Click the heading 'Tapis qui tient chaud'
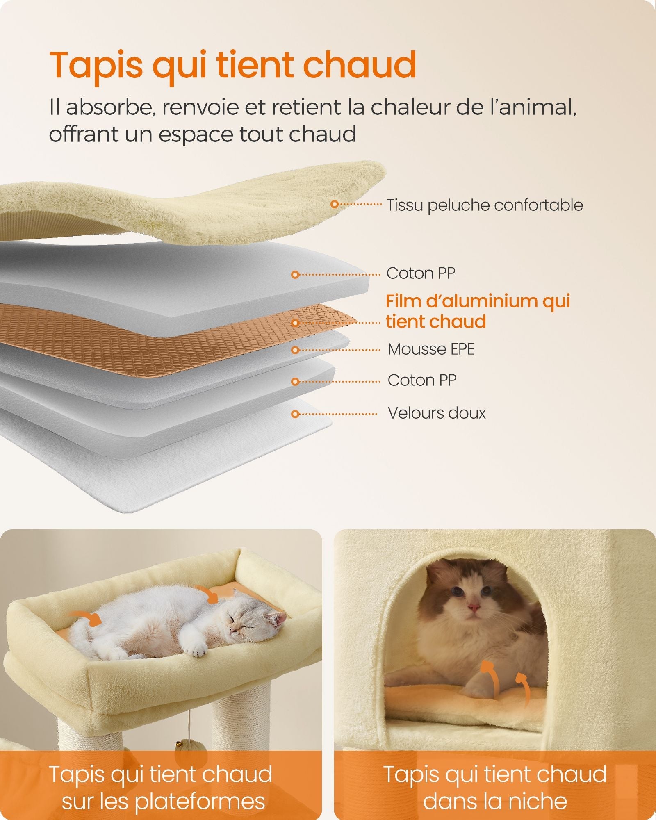pyautogui.click(x=233, y=66)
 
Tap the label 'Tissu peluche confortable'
pyautogui.click(x=485, y=205)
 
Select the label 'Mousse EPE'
pyautogui.click(x=431, y=349)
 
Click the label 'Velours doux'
pyautogui.click(x=437, y=413)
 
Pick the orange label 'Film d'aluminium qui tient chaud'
pyautogui.click(x=478, y=312)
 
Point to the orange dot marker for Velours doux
pyautogui.click(x=295, y=414)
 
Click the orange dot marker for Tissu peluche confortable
pyautogui.click(x=335, y=204)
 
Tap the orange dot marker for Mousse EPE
pyautogui.click(x=295, y=350)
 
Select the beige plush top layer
pyautogui.click(x=205, y=205)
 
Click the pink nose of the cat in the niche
pyautogui.click(x=474, y=606)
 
